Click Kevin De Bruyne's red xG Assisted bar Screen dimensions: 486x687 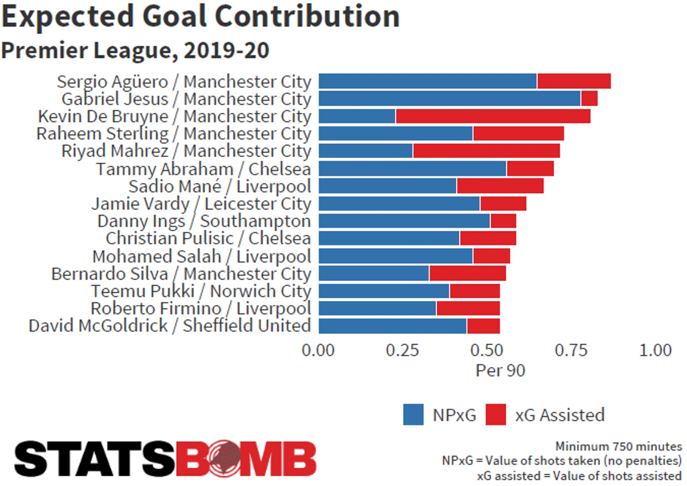pyautogui.click(x=493, y=116)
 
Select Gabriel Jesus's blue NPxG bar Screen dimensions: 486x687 pyautogui.click(x=449, y=99)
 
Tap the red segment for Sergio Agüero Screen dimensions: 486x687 pyautogui.click(x=574, y=81)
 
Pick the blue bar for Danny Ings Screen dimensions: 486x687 pyautogui.click(x=404, y=221)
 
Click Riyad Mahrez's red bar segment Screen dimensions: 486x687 pyautogui.click(x=486, y=151)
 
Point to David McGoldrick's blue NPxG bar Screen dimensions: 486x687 pyautogui.click(x=392, y=326)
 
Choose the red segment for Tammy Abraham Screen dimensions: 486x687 pyautogui.click(x=530, y=169)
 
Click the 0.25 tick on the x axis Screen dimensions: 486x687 pyautogui.click(x=402, y=350)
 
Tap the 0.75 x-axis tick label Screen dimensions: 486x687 pyautogui.click(x=571, y=350)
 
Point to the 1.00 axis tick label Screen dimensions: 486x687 pyautogui.click(x=655, y=350)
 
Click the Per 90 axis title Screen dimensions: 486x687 pyautogui.click(x=500, y=371)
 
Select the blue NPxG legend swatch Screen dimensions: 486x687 pyautogui.click(x=413, y=415)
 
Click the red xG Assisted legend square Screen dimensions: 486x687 pyautogui.click(x=495, y=415)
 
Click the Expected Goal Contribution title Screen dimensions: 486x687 pyautogui.click(x=200, y=17)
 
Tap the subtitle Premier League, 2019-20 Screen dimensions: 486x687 pyautogui.click(x=135, y=50)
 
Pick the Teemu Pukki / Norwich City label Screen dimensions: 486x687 pyautogui.click(x=201, y=291)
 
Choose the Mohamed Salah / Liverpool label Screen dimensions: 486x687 pyautogui.click(x=201, y=257)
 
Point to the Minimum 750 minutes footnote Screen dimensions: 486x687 pyautogui.click(x=618, y=446)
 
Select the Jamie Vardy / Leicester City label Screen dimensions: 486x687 pyautogui.click(x=201, y=204)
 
